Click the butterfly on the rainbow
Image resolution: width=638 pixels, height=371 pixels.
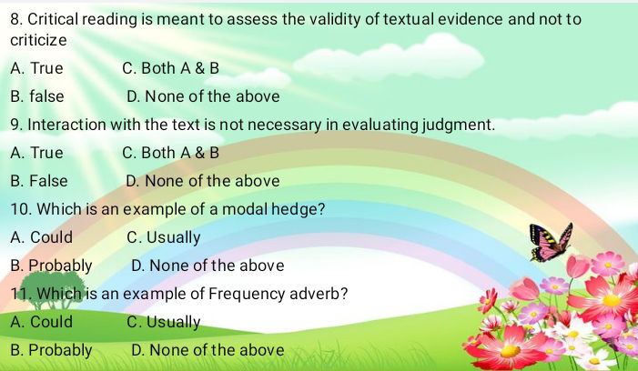(552, 241)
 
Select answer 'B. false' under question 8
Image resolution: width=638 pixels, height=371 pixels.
(37, 95)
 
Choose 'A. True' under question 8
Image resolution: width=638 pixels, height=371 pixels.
(37, 68)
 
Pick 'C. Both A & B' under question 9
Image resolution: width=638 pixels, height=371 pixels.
(170, 153)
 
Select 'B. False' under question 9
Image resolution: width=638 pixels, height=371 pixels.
(39, 181)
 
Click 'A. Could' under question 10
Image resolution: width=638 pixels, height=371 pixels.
(41, 237)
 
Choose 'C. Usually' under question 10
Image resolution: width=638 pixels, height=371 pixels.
(164, 237)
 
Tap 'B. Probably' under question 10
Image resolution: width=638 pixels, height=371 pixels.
(51, 266)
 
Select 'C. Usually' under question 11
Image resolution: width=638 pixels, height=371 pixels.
(164, 322)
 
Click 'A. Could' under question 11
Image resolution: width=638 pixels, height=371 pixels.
(41, 322)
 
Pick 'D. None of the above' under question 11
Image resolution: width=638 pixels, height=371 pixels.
(208, 350)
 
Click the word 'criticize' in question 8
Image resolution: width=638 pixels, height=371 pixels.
(39, 41)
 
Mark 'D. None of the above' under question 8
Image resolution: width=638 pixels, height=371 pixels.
(203, 95)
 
